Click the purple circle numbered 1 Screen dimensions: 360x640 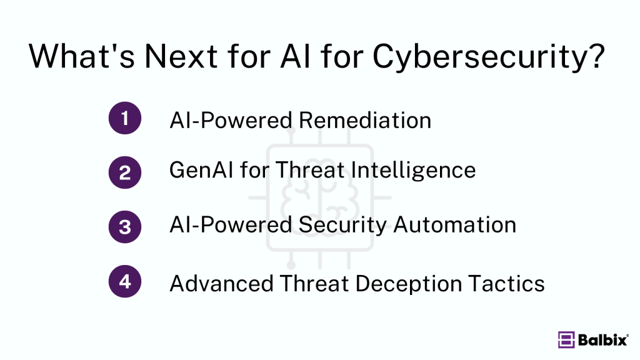pos(125,118)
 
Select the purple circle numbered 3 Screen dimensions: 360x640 pos(125,226)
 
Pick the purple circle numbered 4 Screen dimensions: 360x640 pos(125,282)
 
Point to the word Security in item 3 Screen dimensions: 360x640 pos(340,225)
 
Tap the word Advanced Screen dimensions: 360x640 pos(221,284)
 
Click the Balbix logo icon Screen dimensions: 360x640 pos(566,339)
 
